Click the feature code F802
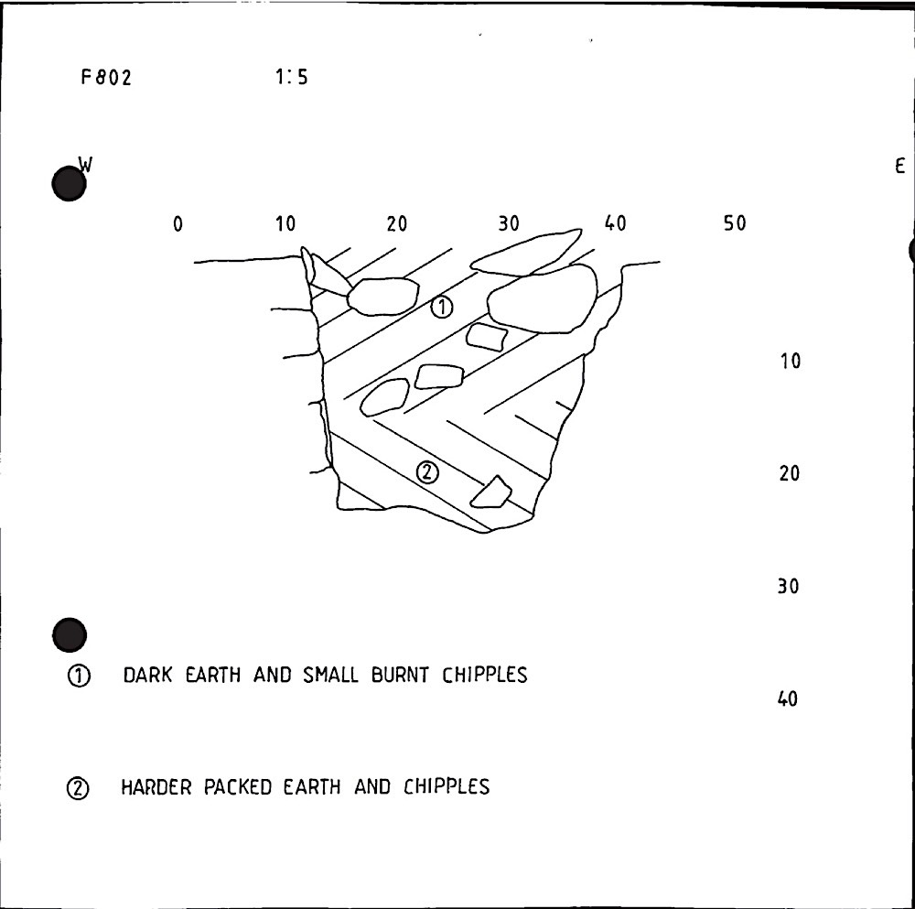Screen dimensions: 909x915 click(x=106, y=78)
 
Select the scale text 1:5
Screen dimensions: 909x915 click(x=291, y=78)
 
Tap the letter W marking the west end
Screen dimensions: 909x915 click(x=86, y=165)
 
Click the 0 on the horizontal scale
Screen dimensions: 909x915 click(x=178, y=224)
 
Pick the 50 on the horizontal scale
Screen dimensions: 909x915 click(x=735, y=224)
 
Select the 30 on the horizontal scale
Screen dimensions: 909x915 click(x=509, y=224)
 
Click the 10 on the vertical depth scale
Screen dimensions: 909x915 click(x=790, y=362)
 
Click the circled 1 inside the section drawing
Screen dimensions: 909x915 click(x=441, y=308)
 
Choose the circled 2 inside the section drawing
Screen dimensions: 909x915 click(x=427, y=472)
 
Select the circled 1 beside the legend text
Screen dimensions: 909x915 click(x=79, y=676)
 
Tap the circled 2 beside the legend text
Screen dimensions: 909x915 click(x=78, y=788)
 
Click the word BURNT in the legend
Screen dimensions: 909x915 click(x=406, y=676)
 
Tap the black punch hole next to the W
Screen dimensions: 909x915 click(x=70, y=185)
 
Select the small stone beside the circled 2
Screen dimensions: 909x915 click(x=491, y=493)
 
